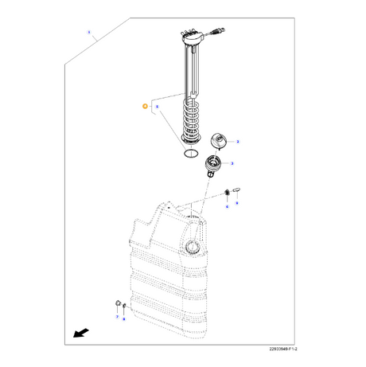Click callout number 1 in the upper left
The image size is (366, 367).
click(90, 33)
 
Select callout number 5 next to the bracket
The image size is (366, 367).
click(158, 105)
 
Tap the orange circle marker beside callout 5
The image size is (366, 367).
click(144, 105)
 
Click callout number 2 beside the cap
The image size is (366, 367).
click(238, 141)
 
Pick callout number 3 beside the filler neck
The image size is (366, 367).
click(232, 163)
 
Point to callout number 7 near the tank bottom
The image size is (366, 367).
click(116, 316)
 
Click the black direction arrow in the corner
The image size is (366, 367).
click(78, 334)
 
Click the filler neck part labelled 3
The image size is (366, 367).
click(212, 166)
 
